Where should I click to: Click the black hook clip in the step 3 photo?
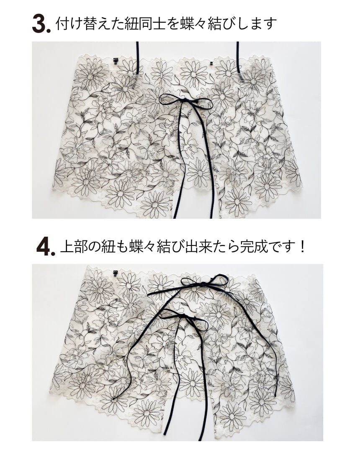point(116,61)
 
